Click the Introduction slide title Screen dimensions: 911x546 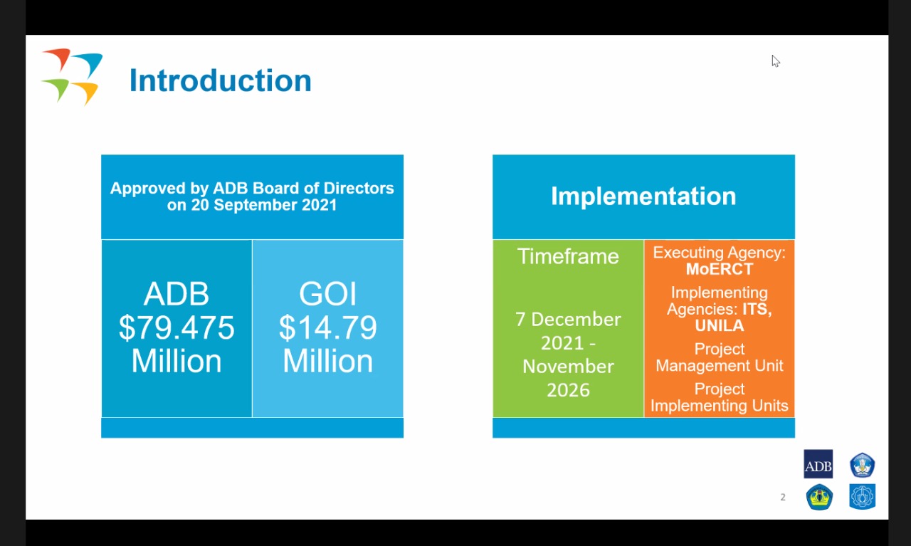click(221, 80)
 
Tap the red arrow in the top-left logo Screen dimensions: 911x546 click(58, 58)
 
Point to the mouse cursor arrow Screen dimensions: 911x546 click(776, 61)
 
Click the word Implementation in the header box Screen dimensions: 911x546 click(643, 196)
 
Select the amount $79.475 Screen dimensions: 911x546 click(177, 327)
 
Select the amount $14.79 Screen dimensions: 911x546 click(328, 327)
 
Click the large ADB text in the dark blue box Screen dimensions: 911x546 click(177, 293)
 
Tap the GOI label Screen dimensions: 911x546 click(328, 293)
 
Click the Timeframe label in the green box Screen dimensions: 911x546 click(568, 256)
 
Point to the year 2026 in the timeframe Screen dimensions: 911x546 click(568, 390)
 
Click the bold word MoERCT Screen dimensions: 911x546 click(720, 269)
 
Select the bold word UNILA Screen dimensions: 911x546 click(720, 325)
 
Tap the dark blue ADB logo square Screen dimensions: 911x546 click(818, 464)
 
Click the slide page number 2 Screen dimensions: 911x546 click(783, 497)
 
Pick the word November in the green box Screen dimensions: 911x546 click(568, 367)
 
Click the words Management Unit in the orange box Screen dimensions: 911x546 click(720, 365)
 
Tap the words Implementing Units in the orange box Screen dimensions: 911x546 click(720, 406)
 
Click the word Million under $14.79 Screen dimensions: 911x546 click(328, 361)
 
